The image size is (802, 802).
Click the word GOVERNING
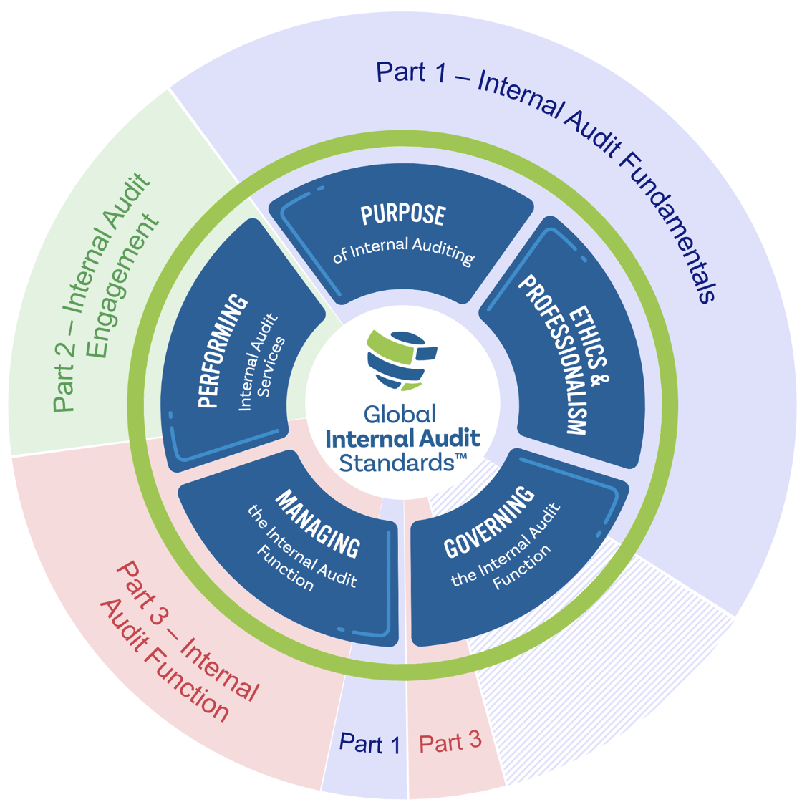(489, 522)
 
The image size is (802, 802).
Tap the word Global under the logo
(400, 414)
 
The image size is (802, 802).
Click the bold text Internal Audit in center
(402, 438)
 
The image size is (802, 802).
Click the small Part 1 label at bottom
(369, 744)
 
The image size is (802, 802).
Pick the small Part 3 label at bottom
(450, 742)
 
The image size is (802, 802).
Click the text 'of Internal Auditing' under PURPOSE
(403, 251)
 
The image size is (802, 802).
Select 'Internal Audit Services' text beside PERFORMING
(260, 362)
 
